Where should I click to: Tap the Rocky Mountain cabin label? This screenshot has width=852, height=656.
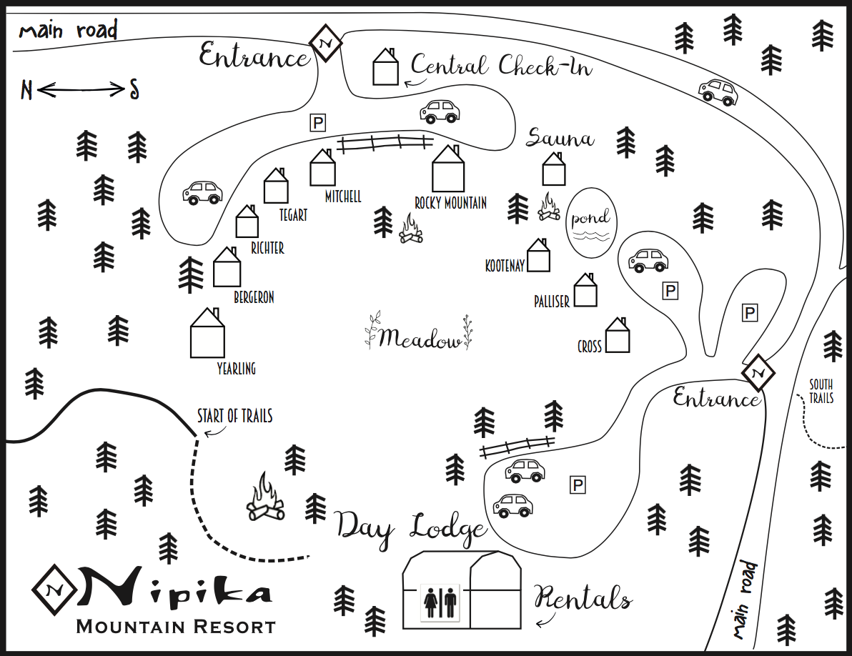450,204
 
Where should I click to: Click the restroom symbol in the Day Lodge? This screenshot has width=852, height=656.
440,602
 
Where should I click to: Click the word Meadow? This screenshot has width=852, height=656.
420,338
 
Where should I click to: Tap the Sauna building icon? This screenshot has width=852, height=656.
554,170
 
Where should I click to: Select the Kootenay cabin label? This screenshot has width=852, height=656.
505,266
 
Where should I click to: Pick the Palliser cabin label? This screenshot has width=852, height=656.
552,302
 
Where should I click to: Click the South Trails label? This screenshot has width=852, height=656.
821,392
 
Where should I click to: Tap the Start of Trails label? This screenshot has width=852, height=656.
234,416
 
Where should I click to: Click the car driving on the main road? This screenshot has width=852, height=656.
718,91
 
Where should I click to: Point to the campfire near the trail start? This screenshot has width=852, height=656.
265,498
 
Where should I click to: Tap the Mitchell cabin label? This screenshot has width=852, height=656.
343,197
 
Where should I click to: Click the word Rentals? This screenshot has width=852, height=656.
583,599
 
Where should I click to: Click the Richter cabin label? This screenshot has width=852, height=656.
267,248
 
